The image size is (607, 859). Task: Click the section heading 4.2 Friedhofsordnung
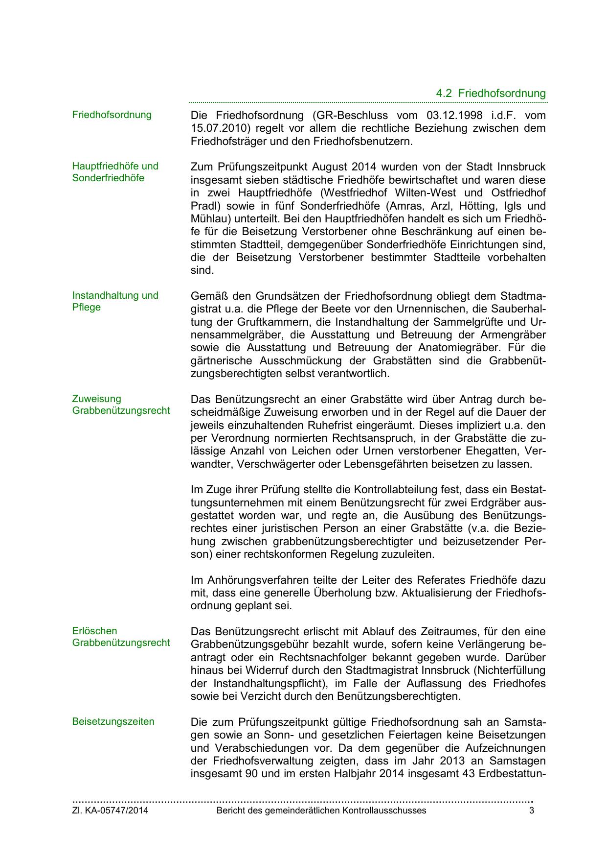(491, 93)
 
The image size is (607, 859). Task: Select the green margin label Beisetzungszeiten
(113, 721)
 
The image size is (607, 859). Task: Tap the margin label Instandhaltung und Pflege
(115, 301)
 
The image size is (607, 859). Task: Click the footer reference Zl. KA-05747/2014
(110, 811)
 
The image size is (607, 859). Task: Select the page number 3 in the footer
(532, 811)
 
